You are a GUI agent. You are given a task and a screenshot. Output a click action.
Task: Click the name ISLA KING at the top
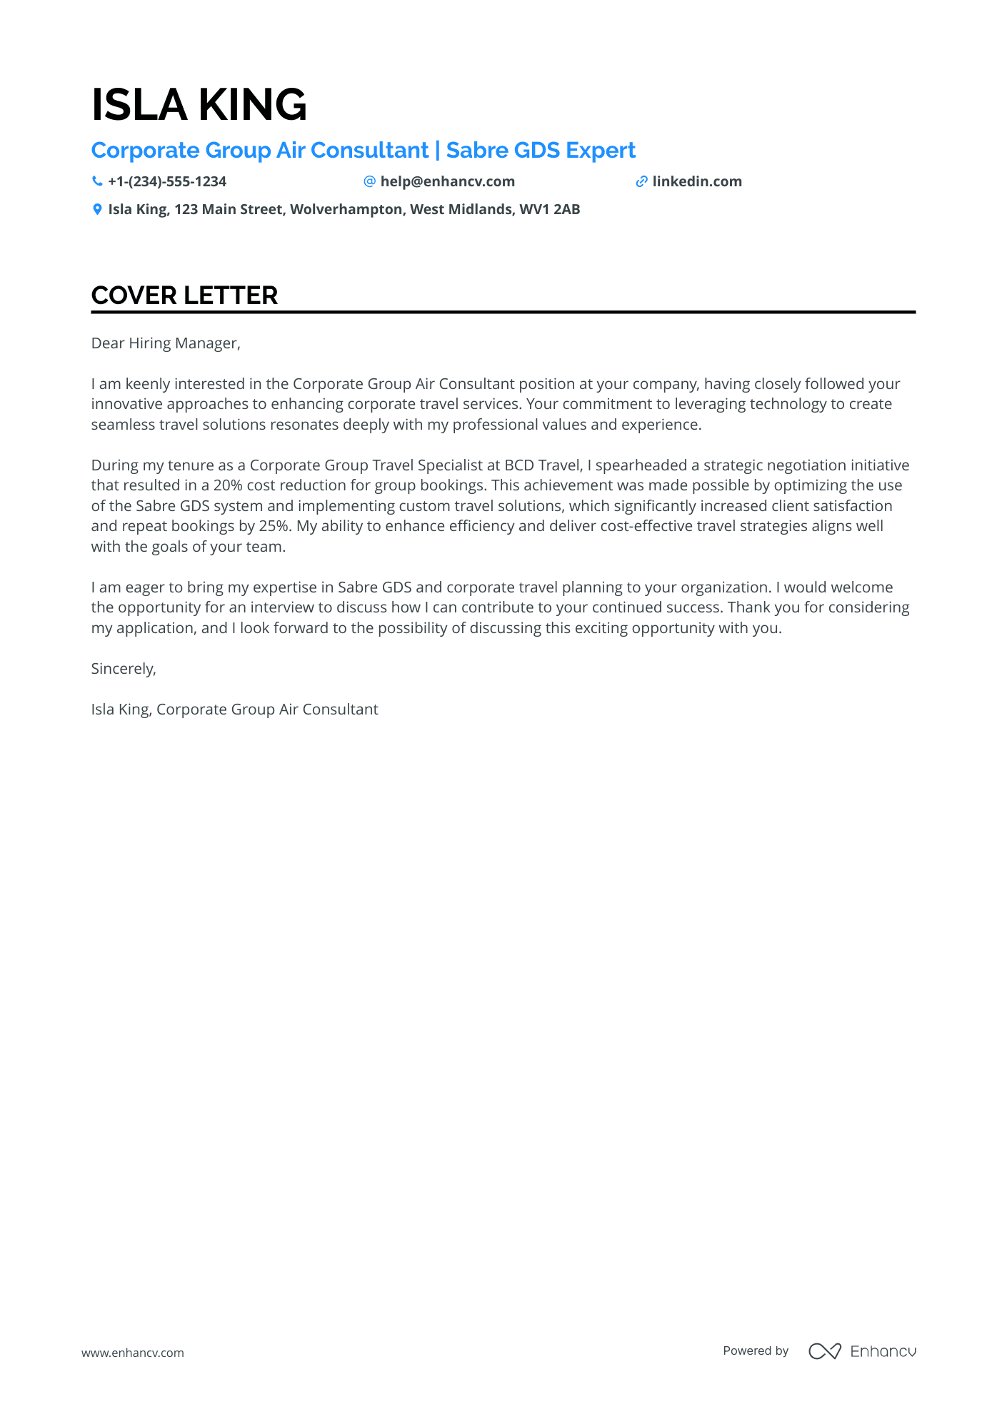pos(199,105)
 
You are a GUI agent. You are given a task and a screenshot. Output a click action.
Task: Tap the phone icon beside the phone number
pos(97,181)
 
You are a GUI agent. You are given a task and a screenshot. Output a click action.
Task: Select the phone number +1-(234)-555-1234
pos(167,181)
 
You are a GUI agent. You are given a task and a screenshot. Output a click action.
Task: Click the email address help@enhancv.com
pos(447,181)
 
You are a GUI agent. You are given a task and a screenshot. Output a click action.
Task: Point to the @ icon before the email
pos(369,181)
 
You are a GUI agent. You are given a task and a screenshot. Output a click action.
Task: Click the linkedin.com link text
pos(697,181)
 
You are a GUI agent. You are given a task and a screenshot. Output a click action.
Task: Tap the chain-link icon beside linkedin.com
pos(641,182)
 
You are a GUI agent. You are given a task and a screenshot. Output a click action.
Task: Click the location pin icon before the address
pos(97,210)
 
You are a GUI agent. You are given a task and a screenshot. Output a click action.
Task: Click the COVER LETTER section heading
pos(184,296)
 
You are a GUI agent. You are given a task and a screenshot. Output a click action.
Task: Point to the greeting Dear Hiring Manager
pos(166,343)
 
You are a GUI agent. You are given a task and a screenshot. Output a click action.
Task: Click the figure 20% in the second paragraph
pos(228,485)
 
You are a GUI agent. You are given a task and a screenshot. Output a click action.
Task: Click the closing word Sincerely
pos(123,669)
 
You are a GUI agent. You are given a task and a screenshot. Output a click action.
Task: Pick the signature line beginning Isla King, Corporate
pos(234,710)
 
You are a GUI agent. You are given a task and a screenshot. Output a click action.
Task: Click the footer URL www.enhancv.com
pos(133,1353)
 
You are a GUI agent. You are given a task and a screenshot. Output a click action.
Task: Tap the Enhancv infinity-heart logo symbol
pos(824,1351)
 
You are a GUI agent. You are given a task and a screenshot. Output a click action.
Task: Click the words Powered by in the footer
pos(756,1350)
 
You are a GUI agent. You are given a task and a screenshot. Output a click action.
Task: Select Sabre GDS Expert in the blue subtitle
pos(541,151)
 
